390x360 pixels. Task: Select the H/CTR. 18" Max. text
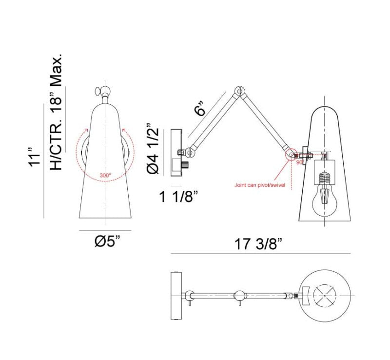pos(58,113)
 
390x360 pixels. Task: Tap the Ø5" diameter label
pos(107,241)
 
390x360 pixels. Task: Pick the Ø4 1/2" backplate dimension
pos(153,148)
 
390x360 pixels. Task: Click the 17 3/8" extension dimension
pos(261,244)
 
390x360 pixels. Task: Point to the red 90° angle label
pos(299,162)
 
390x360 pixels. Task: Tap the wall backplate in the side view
pos(175,152)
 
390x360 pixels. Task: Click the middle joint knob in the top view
pos(240,296)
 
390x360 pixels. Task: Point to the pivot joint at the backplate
pos(191,152)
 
